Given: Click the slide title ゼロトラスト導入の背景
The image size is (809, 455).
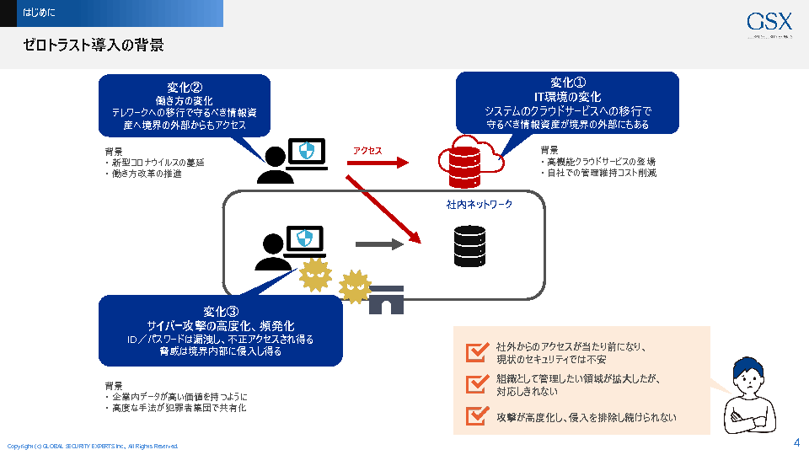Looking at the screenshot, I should click(94, 45).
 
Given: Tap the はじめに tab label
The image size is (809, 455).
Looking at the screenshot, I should click(40, 13).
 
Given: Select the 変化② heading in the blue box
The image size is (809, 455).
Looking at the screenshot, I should click(185, 87).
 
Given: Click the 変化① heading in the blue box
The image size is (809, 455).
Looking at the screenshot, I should click(568, 83).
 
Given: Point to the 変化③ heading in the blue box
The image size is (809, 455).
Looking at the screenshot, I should click(221, 309).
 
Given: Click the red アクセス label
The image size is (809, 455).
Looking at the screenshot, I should click(367, 151).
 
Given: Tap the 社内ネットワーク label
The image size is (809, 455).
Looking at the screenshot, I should click(480, 205).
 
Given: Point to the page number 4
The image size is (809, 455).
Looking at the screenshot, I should click(796, 442).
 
